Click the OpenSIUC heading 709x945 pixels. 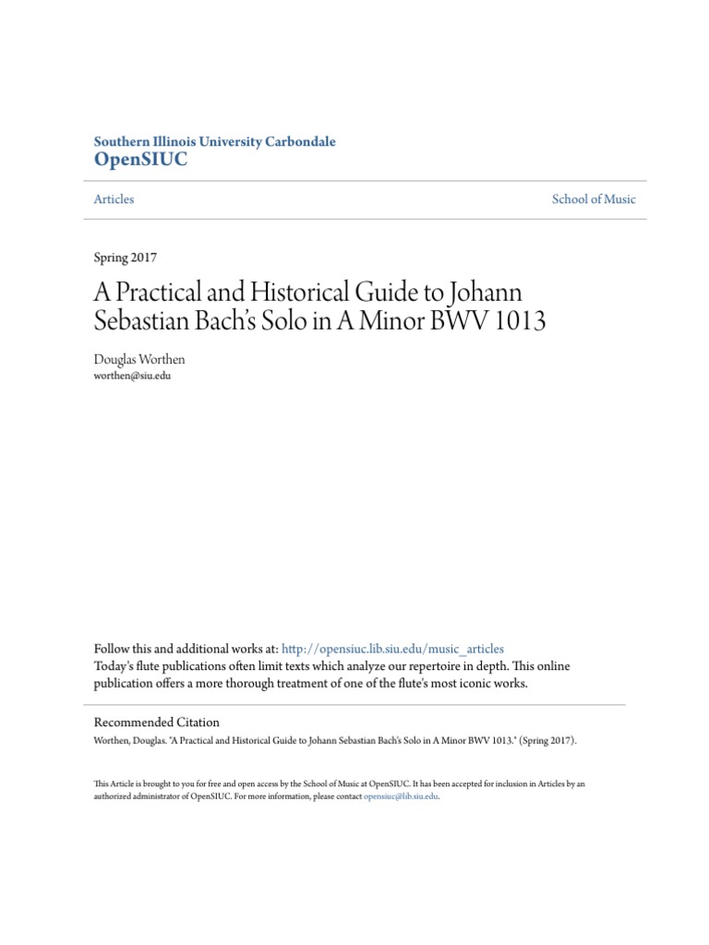pyautogui.click(x=140, y=160)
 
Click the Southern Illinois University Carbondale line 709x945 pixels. pyautogui.click(x=215, y=142)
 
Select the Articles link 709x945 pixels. pyautogui.click(x=114, y=199)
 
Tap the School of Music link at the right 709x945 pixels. pyautogui.click(x=594, y=199)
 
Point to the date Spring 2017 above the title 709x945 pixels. pyautogui.click(x=126, y=257)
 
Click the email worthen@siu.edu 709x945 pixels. pyautogui.click(x=133, y=377)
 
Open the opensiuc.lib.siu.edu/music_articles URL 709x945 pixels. pyautogui.click(x=392, y=649)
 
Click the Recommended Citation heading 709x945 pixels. pyautogui.click(x=157, y=723)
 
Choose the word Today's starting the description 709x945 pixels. pyautogui.click(x=114, y=666)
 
